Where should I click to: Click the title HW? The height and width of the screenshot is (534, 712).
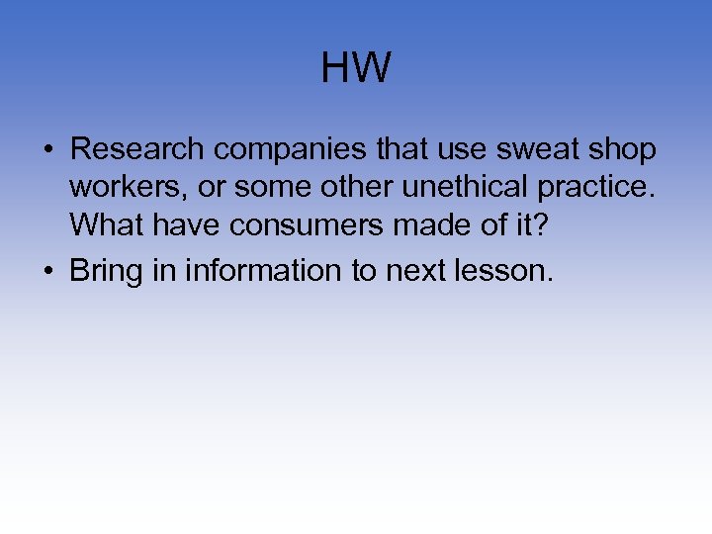(356, 69)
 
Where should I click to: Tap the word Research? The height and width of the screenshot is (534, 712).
(137, 149)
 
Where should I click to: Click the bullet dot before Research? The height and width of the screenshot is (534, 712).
(46, 151)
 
